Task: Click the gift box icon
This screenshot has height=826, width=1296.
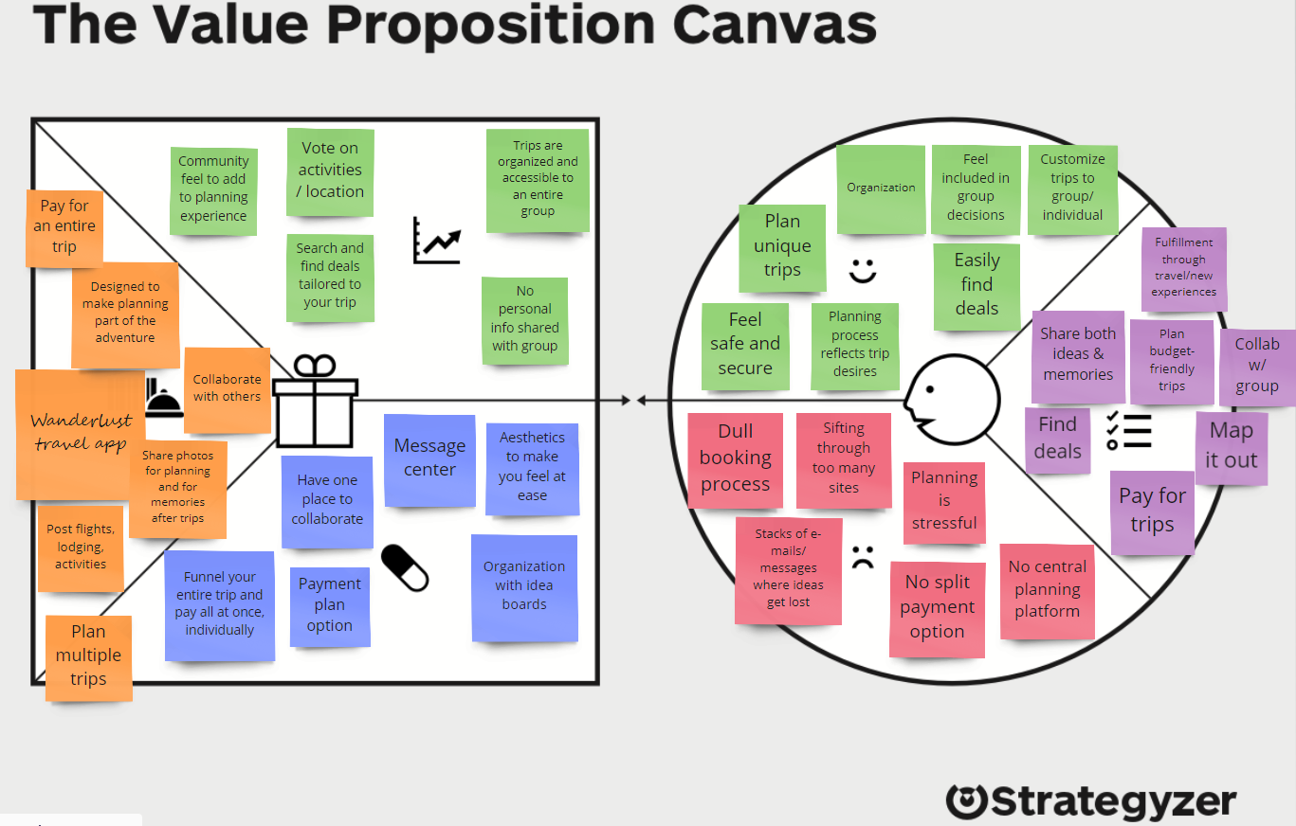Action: coord(315,402)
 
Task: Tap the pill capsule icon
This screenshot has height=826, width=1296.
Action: coord(405,567)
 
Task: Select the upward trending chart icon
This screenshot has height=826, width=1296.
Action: coord(436,241)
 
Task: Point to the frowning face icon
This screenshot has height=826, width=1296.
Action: coord(862,556)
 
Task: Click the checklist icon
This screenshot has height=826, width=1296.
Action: coord(1129,431)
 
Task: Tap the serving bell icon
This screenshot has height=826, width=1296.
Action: coord(164,398)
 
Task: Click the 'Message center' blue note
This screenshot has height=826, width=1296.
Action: coord(429,459)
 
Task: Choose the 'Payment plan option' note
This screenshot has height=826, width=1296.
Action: coord(330,605)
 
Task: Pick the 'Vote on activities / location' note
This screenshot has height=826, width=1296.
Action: coord(330,171)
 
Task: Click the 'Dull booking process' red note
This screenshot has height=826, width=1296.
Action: coord(736,459)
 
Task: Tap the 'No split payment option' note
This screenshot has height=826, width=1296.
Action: coord(937,608)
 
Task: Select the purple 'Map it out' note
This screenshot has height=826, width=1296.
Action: coord(1232,446)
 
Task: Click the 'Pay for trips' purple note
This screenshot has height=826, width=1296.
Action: coord(1152,511)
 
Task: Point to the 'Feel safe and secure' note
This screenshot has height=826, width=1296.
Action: coord(745,345)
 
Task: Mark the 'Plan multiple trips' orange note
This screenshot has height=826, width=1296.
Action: coord(88,656)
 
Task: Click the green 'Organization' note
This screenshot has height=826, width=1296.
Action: coord(881,189)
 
